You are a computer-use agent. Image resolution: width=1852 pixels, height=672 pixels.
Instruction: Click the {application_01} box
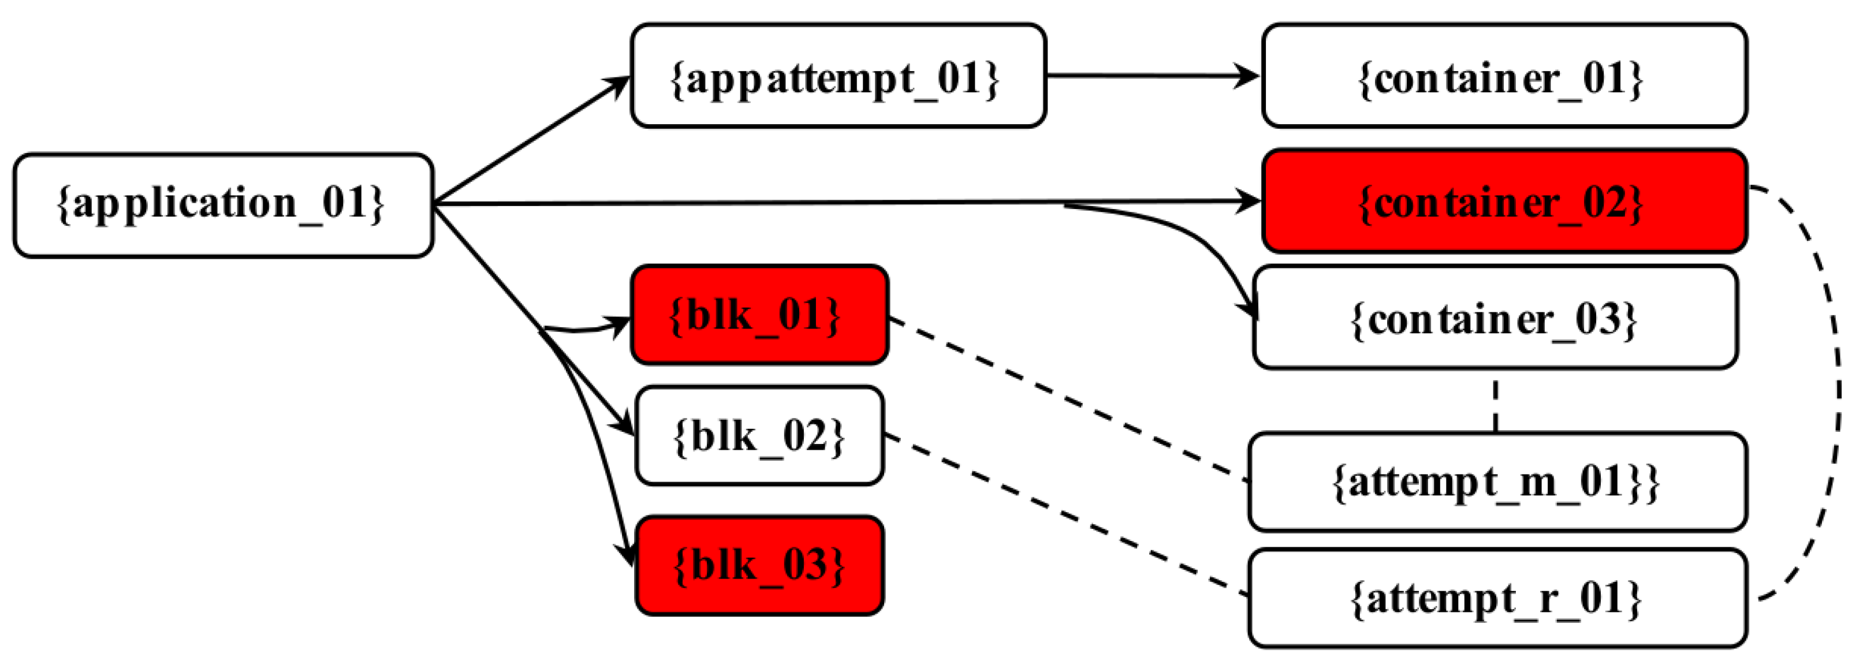(x=223, y=205)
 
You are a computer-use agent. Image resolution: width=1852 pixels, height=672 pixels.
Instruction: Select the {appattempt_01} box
(x=837, y=76)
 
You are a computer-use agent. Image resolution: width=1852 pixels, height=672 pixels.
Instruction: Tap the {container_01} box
(x=1504, y=76)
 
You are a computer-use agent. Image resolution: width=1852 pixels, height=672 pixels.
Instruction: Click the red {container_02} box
(x=1504, y=201)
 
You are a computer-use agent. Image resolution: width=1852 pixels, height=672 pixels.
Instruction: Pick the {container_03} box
(x=1496, y=318)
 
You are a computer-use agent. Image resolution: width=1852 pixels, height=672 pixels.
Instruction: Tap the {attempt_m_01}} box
(x=1497, y=481)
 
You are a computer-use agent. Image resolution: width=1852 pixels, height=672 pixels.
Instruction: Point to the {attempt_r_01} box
(x=1497, y=598)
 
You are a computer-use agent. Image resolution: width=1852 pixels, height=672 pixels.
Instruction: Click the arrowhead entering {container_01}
(x=1247, y=76)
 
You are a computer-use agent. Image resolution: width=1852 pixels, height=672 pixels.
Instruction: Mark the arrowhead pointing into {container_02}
(x=1249, y=201)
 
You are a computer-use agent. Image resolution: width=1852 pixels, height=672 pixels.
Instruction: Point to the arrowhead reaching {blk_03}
(x=628, y=554)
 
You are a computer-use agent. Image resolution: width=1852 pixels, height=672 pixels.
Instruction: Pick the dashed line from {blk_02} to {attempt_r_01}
(x=1064, y=514)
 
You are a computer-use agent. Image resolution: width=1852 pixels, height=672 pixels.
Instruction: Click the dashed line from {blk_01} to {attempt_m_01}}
(x=1064, y=397)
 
